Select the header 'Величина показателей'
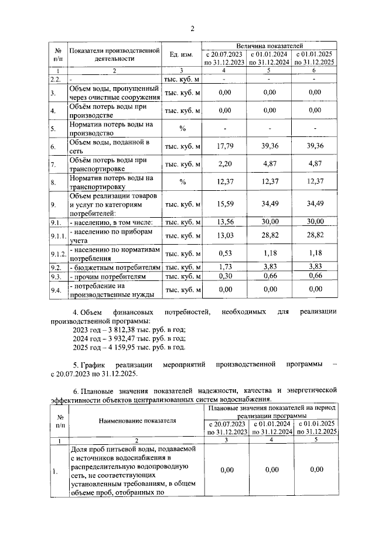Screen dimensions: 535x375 [x=270, y=45]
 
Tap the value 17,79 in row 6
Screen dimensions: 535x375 [x=224, y=146]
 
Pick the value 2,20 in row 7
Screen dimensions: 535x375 [x=224, y=164]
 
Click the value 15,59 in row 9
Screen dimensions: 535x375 [x=224, y=204]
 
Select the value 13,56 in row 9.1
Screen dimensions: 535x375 [x=224, y=222]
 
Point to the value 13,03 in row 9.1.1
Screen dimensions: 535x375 [x=224, y=235]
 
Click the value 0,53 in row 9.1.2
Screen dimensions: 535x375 [x=224, y=253]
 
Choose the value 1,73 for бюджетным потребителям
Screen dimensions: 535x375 [x=224, y=267]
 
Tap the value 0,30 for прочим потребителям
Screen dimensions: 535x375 [x=224, y=276]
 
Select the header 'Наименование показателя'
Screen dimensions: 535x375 [x=137, y=420]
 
